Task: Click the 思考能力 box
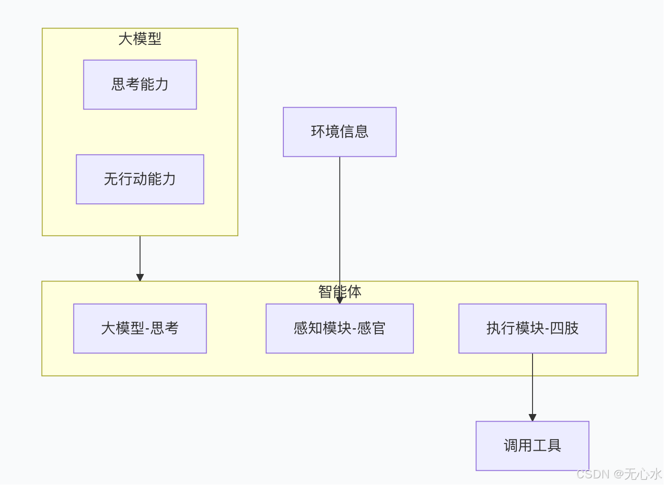click(x=140, y=85)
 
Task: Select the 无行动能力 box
click(x=140, y=179)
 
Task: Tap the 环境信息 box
click(x=340, y=132)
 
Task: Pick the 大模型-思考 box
click(x=140, y=328)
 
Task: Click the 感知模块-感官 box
click(x=340, y=328)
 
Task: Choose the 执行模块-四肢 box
click(x=532, y=328)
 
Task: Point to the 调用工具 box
click(x=532, y=445)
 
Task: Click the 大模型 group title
click(x=140, y=39)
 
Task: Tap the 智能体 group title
click(x=340, y=291)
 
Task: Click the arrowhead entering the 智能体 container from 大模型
click(x=140, y=277)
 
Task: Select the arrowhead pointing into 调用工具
click(x=533, y=417)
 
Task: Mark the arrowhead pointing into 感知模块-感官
click(x=340, y=300)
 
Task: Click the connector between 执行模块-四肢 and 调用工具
click(x=533, y=386)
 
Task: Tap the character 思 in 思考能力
click(x=118, y=85)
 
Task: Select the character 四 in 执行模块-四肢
click(x=557, y=328)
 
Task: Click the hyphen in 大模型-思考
click(x=148, y=329)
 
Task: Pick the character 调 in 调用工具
click(x=511, y=445)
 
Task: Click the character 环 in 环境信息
click(x=318, y=132)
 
